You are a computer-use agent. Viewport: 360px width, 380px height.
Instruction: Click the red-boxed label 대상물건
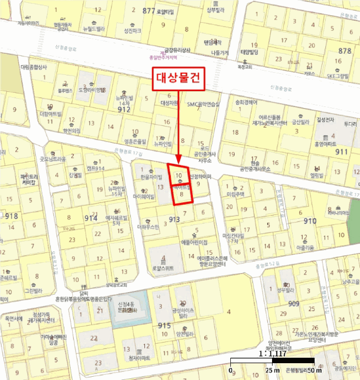click(179, 79)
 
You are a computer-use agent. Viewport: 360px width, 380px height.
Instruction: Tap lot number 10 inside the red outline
click(179, 175)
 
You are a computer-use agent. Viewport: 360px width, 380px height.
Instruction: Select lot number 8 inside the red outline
click(182, 193)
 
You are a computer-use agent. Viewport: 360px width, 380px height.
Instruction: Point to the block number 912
click(124, 109)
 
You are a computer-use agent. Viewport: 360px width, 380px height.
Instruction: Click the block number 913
click(174, 219)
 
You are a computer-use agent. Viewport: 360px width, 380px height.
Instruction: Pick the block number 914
click(91, 218)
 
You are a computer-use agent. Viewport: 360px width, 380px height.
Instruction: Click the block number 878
click(345, 50)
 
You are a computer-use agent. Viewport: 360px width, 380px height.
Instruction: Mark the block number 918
click(11, 216)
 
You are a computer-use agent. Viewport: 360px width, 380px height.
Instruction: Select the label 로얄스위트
click(162, 268)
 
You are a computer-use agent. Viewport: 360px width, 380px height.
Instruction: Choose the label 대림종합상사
click(34, 67)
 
